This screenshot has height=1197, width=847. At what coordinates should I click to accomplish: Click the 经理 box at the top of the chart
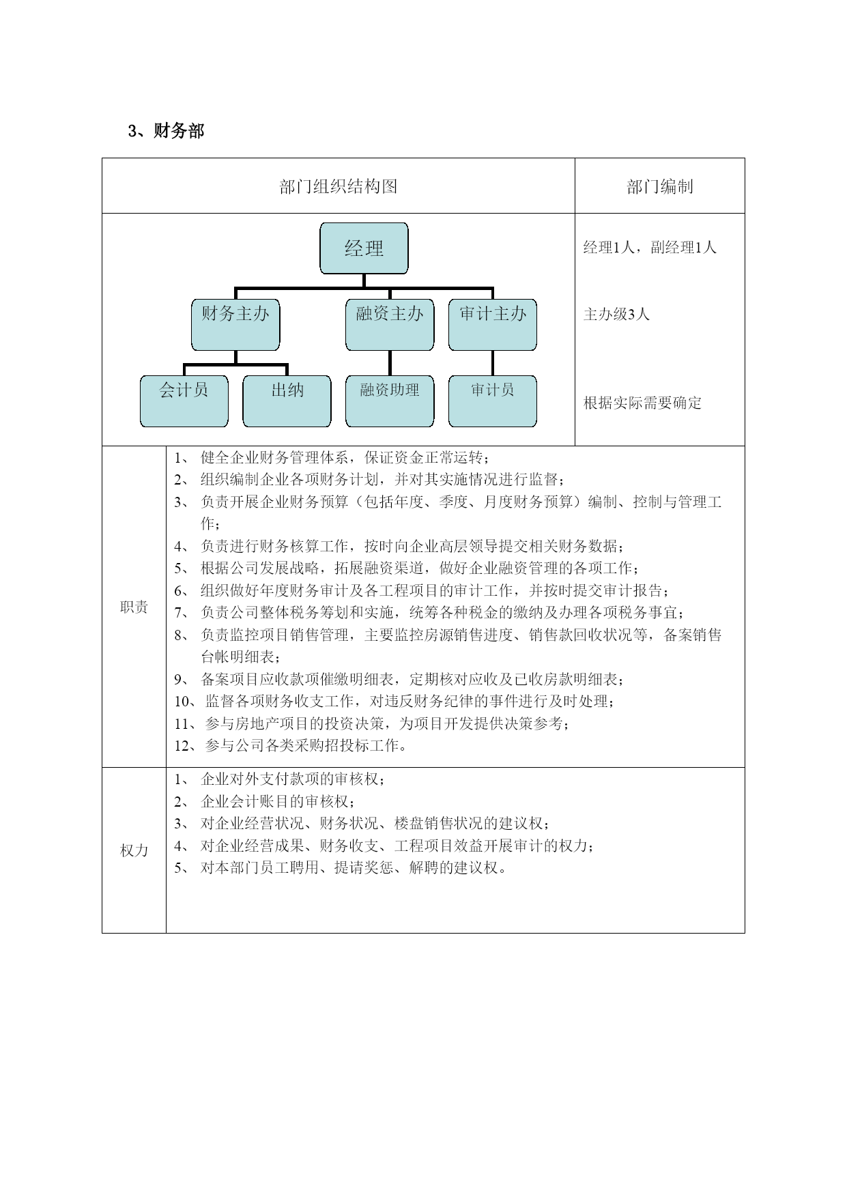(x=364, y=248)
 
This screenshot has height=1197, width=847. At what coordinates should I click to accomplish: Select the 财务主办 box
(x=235, y=325)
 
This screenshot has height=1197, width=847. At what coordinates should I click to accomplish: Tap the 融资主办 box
(x=390, y=325)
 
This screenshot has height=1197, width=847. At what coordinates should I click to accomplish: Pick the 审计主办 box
(x=493, y=325)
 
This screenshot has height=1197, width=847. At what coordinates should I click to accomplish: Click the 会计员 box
(x=184, y=401)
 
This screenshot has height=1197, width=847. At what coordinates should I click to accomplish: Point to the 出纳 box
(x=287, y=401)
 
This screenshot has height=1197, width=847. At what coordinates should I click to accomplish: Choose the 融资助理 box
(x=390, y=401)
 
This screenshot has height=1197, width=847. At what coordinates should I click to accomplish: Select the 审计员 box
(x=493, y=401)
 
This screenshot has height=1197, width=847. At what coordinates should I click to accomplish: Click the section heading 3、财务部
(x=166, y=131)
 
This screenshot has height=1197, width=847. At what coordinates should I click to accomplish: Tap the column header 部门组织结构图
(x=339, y=186)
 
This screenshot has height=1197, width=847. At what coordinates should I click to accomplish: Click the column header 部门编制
(x=660, y=186)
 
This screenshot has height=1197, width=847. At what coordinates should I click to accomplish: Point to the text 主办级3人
(x=616, y=314)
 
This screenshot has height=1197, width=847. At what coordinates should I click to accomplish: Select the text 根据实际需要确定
(x=642, y=403)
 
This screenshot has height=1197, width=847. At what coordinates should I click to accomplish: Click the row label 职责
(x=134, y=607)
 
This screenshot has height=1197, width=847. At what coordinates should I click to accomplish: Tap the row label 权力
(x=134, y=850)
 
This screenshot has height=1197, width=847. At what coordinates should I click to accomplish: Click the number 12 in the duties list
(x=182, y=746)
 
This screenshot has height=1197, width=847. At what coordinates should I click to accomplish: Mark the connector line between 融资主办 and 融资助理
(x=390, y=363)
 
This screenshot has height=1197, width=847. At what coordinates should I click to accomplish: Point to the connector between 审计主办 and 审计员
(x=493, y=363)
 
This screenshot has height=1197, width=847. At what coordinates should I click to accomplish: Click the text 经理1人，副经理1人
(x=650, y=247)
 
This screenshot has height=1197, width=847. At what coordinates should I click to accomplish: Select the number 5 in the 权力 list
(x=177, y=868)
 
